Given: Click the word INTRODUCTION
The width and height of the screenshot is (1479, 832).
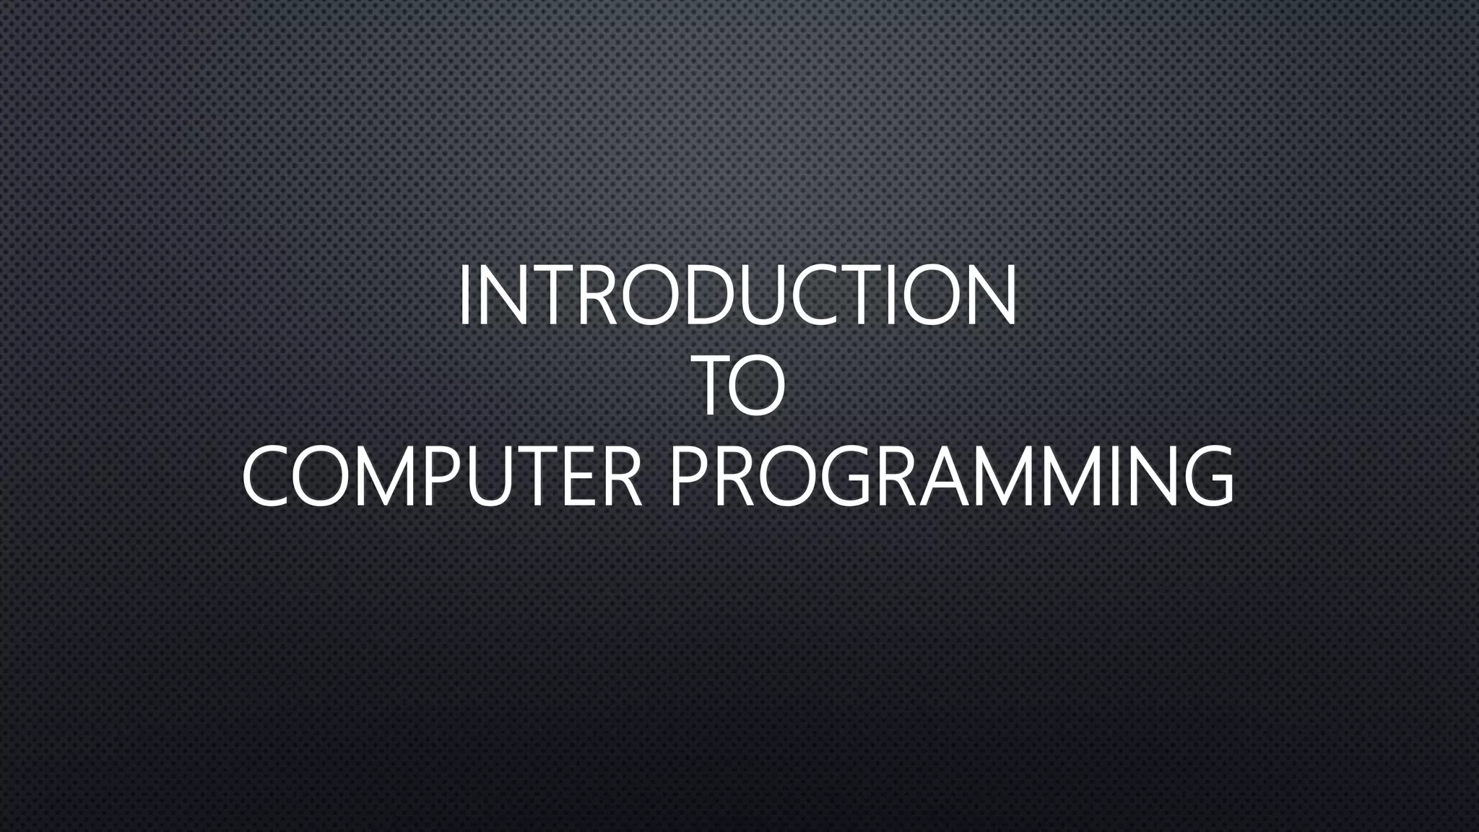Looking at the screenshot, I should click(737, 295).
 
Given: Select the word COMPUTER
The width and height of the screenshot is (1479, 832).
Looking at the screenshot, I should click(441, 477).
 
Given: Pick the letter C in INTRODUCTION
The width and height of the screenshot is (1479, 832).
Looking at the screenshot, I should click(830, 295).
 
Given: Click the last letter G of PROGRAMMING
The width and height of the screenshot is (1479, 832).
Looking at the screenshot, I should click(1206, 477).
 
